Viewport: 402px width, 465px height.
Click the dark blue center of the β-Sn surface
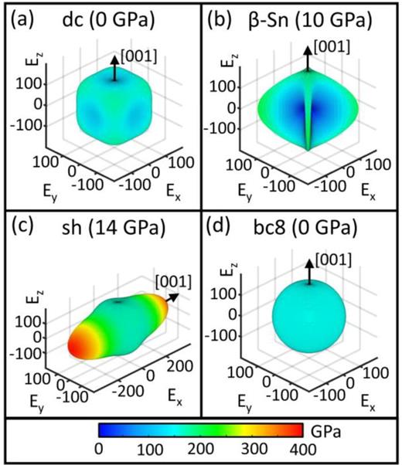[x=298, y=108]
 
